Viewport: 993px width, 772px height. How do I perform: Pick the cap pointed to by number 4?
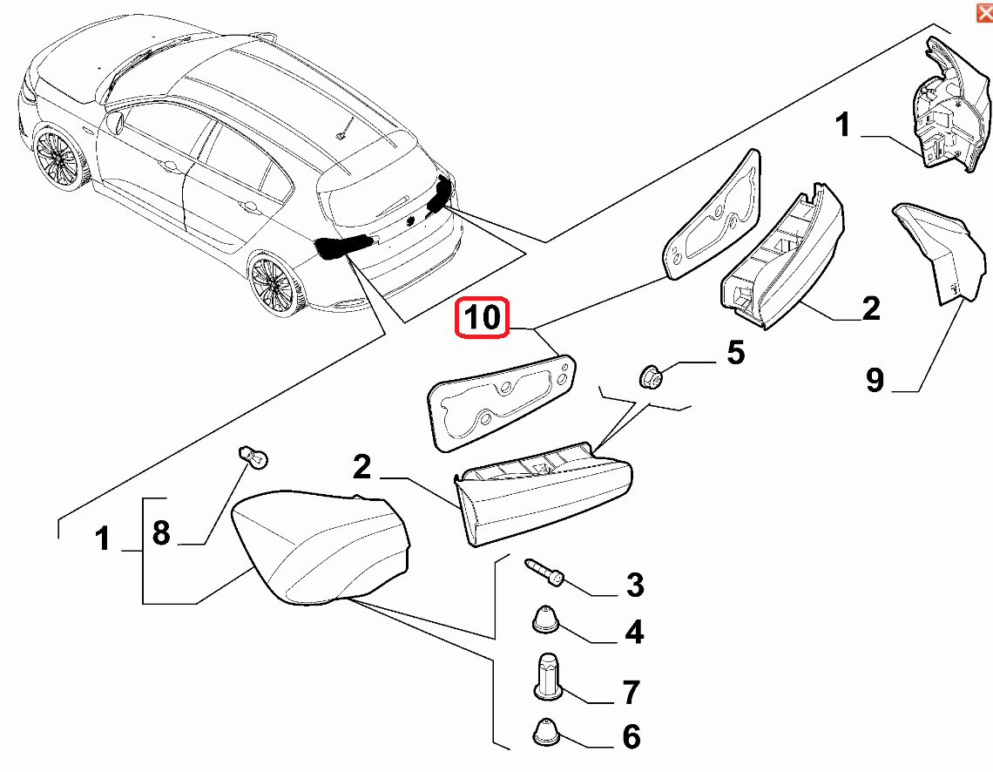click(x=545, y=620)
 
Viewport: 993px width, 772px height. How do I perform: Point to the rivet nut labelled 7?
click(x=546, y=676)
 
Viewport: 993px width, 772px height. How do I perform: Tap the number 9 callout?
click(x=875, y=380)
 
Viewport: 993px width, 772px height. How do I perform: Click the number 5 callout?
click(x=735, y=353)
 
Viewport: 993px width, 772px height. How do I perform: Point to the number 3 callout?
click(x=635, y=585)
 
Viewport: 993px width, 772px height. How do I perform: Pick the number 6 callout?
click(x=632, y=737)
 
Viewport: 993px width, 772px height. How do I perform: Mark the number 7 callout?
click(x=632, y=692)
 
